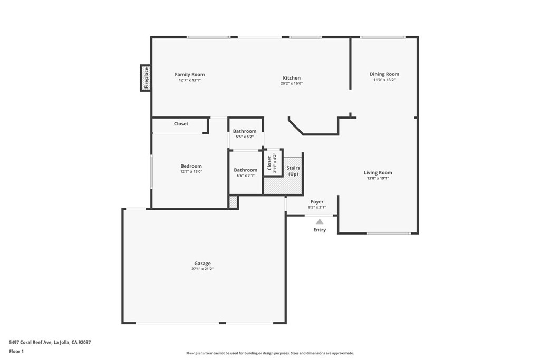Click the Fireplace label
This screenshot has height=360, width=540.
pyautogui.click(x=146, y=78)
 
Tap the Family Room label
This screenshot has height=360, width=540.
pyautogui.click(x=190, y=75)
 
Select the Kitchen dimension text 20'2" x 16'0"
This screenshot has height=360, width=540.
pyautogui.click(x=292, y=83)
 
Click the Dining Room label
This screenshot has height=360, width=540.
pyautogui.click(x=384, y=74)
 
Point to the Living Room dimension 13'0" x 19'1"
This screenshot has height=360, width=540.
pyautogui.click(x=378, y=178)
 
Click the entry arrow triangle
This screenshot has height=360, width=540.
pyautogui.click(x=320, y=222)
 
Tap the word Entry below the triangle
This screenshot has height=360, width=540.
pyautogui.click(x=320, y=230)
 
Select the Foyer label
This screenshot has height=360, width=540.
pyautogui.click(x=317, y=202)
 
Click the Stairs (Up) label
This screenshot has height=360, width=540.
pyautogui.click(x=293, y=171)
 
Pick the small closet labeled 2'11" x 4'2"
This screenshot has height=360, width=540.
pyautogui.click(x=272, y=162)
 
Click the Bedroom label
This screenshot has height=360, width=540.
pyautogui.click(x=191, y=167)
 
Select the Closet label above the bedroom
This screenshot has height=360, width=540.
pyautogui.click(x=181, y=124)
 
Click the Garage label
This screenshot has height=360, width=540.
pyautogui.click(x=202, y=264)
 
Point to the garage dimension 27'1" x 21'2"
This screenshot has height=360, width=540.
pyautogui.click(x=202, y=269)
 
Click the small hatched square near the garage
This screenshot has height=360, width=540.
pyautogui.click(x=233, y=202)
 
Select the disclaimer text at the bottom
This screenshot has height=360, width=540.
pyautogui.click(x=269, y=353)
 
